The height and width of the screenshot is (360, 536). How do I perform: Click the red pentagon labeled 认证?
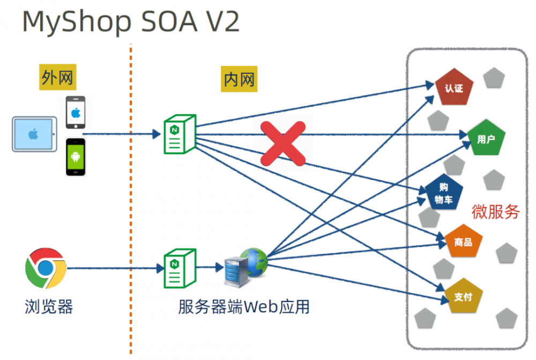coord(454,87)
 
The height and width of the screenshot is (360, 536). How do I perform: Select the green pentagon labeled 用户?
coord(486,138)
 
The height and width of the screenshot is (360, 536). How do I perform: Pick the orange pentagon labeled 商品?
coord(463,242)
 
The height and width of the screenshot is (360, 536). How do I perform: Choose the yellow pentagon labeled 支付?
coord(463,296)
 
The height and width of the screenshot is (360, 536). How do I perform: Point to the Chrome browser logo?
coord(46,267)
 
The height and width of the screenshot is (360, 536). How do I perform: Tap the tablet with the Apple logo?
coord(34,134)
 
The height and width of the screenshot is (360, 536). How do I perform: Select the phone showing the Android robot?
coord(76,157)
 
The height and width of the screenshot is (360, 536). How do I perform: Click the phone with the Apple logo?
coord(76,112)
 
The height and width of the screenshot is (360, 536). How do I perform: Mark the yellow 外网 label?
coord(57,79)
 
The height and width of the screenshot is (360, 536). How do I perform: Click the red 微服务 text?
coord(495,212)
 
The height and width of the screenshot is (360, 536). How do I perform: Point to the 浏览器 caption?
coord(48,306)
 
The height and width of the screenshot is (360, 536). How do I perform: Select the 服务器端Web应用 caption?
coord(244,306)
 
